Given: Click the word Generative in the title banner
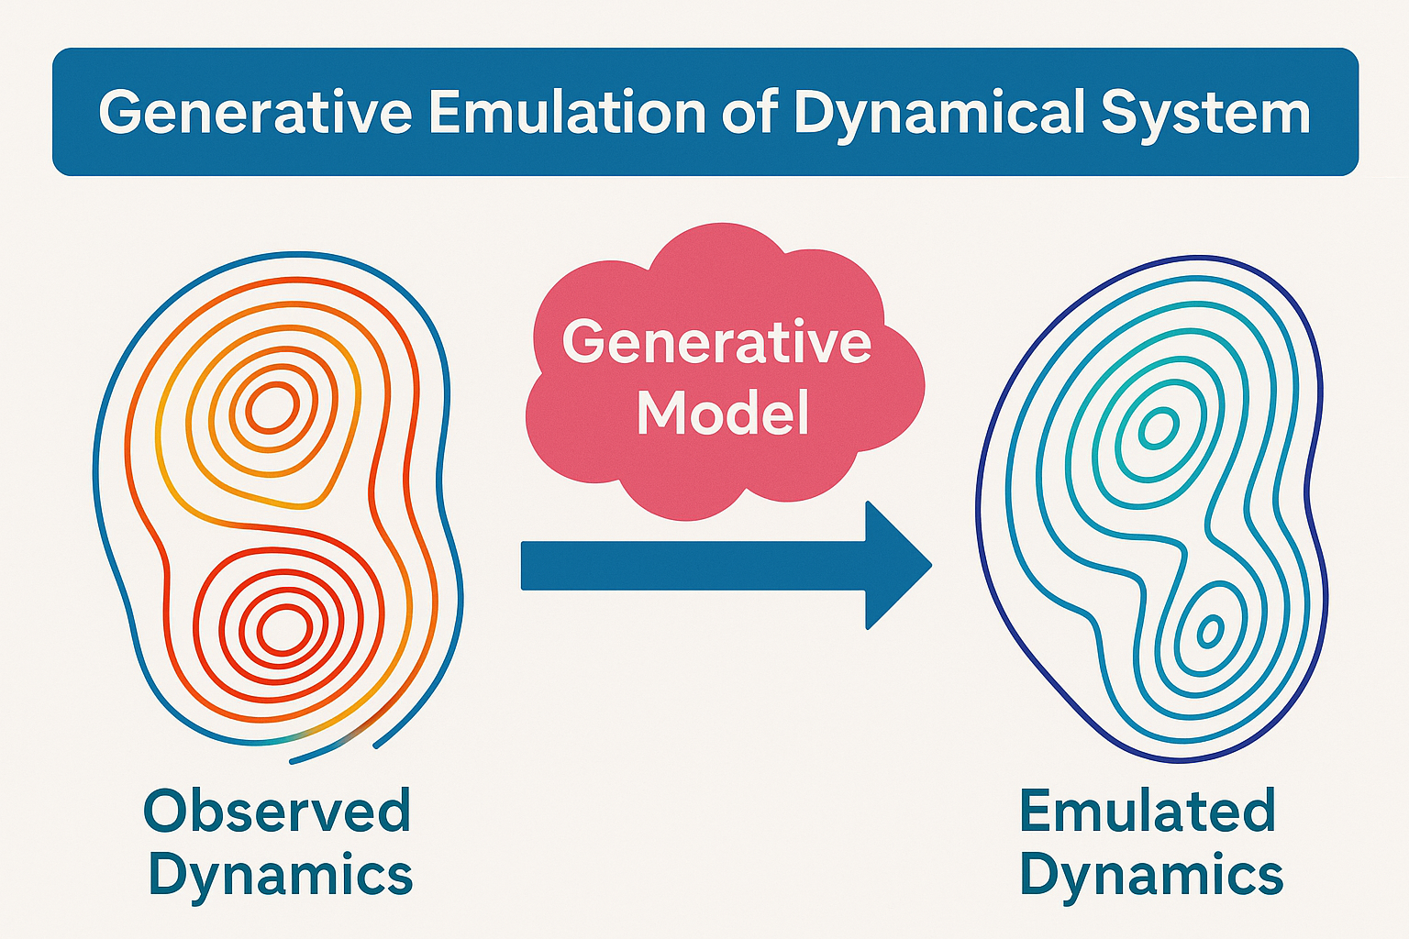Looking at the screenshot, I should coord(255,113).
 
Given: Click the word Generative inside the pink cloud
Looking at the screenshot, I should coord(716,342).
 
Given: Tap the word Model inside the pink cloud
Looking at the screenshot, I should coord(723,413).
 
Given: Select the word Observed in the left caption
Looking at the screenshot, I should coord(277,812).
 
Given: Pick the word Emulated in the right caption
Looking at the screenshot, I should coord(1147,812).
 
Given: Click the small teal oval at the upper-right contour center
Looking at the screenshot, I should coord(1159,428).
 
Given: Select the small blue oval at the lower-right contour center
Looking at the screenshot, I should coord(1210,630).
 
